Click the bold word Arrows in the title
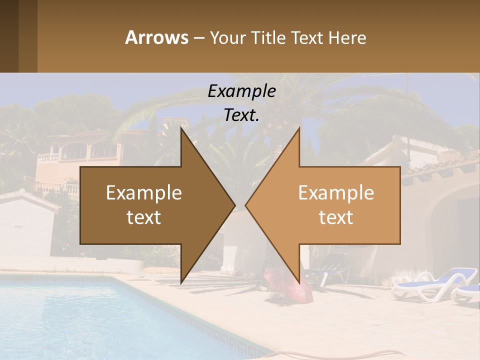click(156, 37)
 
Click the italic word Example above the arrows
click(241, 91)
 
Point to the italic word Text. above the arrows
click(241, 115)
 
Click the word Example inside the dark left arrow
click(144, 192)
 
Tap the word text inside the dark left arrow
click(144, 217)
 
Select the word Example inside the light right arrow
click(336, 192)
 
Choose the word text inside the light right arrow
click(336, 217)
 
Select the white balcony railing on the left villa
click(48, 157)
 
